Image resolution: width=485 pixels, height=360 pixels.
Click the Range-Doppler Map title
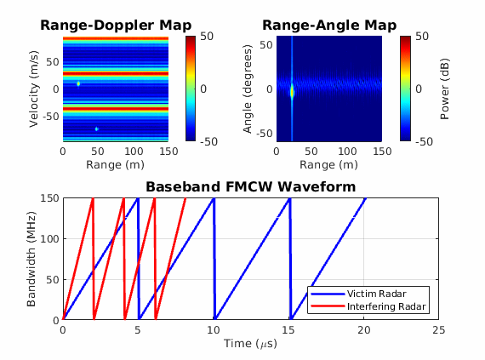116,25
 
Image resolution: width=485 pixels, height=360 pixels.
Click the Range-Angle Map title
328,25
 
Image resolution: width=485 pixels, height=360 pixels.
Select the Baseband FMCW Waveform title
250,186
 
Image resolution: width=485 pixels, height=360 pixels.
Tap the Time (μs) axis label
250,343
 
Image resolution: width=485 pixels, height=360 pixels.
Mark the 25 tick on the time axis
438,329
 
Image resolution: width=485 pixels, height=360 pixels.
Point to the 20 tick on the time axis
363,329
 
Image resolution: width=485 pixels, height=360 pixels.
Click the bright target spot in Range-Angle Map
292,90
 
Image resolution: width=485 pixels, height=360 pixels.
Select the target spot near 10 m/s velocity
78,83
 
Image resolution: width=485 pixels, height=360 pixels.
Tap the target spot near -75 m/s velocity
97,129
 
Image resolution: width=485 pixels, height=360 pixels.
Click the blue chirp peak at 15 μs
289,199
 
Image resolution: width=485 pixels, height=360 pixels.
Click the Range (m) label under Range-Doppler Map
116,164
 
